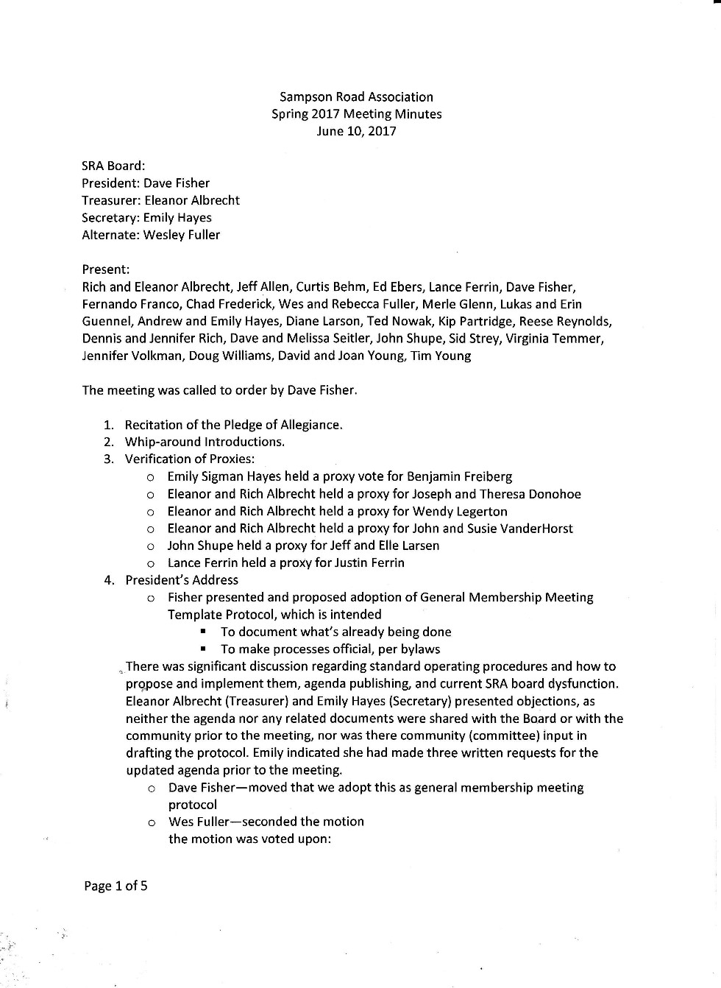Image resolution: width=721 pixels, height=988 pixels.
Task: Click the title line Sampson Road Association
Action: tap(356, 97)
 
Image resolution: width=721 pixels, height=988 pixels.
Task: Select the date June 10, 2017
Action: tap(356, 131)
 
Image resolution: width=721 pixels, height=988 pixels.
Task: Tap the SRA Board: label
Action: tap(113, 166)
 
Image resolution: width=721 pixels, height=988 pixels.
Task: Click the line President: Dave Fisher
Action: tap(146, 183)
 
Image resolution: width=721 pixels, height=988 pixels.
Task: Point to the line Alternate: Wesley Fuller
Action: tap(151, 235)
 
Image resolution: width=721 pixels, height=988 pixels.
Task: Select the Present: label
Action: tap(106, 269)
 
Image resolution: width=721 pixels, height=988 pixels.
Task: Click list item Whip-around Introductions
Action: tap(205, 442)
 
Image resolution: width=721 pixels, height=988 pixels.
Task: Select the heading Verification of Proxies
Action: tap(190, 459)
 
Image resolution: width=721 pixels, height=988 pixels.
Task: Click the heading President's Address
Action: tap(182, 580)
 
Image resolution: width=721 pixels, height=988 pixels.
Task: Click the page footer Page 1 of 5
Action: tap(116, 886)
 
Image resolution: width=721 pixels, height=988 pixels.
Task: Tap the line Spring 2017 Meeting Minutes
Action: tap(356, 114)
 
